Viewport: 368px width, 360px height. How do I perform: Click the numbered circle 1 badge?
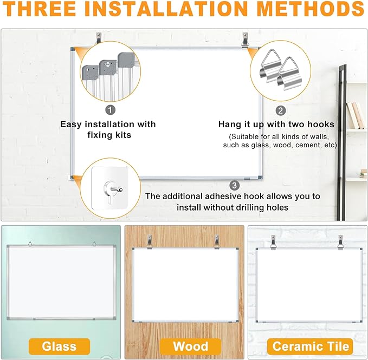(x=111, y=110)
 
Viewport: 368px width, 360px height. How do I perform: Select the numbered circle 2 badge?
(x=281, y=110)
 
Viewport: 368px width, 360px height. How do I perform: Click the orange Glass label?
(x=60, y=346)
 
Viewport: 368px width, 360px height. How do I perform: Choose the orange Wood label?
(x=190, y=346)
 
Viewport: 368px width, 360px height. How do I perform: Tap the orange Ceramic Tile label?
(x=311, y=346)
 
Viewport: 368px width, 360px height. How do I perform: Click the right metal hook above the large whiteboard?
(x=246, y=39)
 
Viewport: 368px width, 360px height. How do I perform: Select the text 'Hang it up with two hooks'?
(x=276, y=125)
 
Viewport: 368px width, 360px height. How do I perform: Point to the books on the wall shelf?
(x=355, y=114)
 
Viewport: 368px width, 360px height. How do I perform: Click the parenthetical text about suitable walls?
(x=280, y=140)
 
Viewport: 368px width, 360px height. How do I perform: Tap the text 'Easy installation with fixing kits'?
(x=108, y=129)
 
